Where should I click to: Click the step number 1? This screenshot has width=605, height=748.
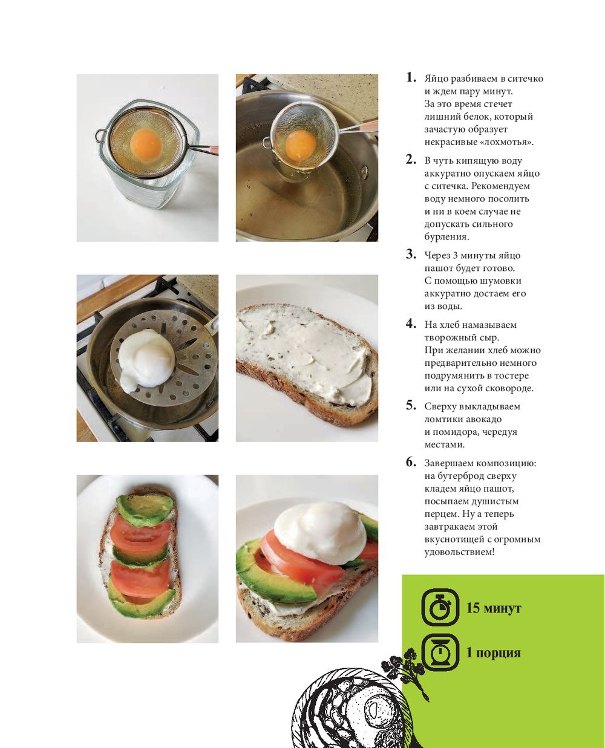click(x=411, y=77)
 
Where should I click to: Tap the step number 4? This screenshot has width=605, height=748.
click(x=411, y=324)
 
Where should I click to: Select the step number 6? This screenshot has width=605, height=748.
click(x=411, y=462)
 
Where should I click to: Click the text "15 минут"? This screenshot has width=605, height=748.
click(x=493, y=608)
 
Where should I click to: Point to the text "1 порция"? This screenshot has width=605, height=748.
click(x=493, y=652)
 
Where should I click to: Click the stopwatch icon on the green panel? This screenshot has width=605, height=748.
click(x=440, y=607)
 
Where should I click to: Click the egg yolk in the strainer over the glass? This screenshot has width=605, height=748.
click(x=146, y=144)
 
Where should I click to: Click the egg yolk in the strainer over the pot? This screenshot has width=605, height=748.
click(x=301, y=145)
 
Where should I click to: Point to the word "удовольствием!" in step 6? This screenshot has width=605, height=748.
click(x=459, y=551)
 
